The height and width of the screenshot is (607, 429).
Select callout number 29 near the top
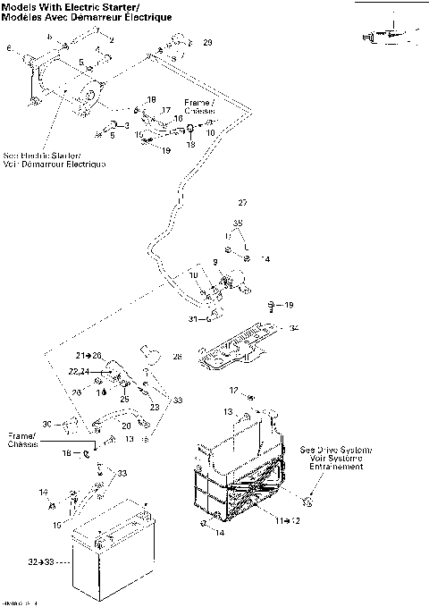pyautogui.click(x=207, y=43)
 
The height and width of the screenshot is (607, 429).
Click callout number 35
pyautogui.click(x=238, y=223)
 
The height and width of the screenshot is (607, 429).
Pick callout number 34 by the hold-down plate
pyautogui.click(x=294, y=328)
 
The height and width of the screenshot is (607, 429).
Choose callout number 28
pyautogui.click(x=177, y=357)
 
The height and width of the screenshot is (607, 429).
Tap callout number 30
pyautogui.click(x=46, y=423)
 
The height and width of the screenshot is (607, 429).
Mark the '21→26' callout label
pyautogui.click(x=88, y=355)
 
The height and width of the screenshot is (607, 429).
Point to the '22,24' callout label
pyautogui.click(x=79, y=370)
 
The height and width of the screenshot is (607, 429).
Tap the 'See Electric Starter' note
pyautogui.click(x=54, y=158)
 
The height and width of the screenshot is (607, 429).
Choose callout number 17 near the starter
pyautogui.click(x=165, y=110)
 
